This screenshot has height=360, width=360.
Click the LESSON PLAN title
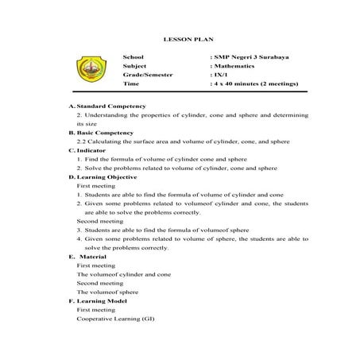coord(182,39)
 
